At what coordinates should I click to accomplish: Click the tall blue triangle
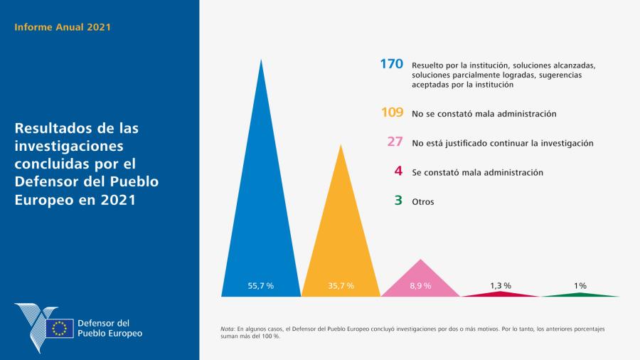(x=261, y=213)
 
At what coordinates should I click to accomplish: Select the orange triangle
(x=341, y=242)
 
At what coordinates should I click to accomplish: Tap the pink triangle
(x=421, y=281)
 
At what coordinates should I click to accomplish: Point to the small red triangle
(x=501, y=294)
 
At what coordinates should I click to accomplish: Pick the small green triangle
(x=580, y=294)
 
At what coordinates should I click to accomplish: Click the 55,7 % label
(x=261, y=285)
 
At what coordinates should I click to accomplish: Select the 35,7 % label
(x=341, y=285)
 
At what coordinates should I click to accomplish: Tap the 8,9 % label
(x=421, y=285)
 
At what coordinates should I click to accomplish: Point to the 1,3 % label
(x=501, y=285)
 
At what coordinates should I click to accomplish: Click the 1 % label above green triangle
(x=580, y=285)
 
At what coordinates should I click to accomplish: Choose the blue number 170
(x=391, y=64)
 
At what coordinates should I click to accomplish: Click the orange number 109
(x=392, y=112)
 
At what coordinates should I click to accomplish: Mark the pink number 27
(x=395, y=142)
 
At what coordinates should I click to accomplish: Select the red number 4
(x=399, y=171)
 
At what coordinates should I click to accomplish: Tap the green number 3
(x=399, y=201)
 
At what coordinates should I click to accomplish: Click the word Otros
(x=423, y=202)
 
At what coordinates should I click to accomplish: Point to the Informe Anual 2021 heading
(x=63, y=28)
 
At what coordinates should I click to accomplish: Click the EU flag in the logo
(x=59, y=328)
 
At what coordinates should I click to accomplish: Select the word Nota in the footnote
(x=228, y=329)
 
